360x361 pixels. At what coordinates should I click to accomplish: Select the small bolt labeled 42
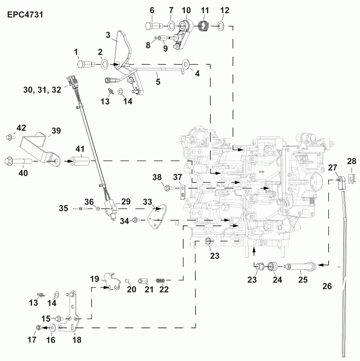pos(9,138)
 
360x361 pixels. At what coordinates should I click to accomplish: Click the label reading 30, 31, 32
pos(42,90)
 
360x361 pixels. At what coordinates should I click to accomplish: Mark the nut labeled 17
pos(39,328)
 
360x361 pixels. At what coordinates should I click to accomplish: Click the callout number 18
pos(76,339)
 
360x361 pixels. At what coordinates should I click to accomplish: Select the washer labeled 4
pos(186,64)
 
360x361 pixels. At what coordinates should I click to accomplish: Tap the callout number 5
pos(158,82)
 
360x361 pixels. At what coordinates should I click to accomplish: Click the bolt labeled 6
pos(153,26)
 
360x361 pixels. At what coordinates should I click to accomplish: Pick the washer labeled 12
pos(221,27)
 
